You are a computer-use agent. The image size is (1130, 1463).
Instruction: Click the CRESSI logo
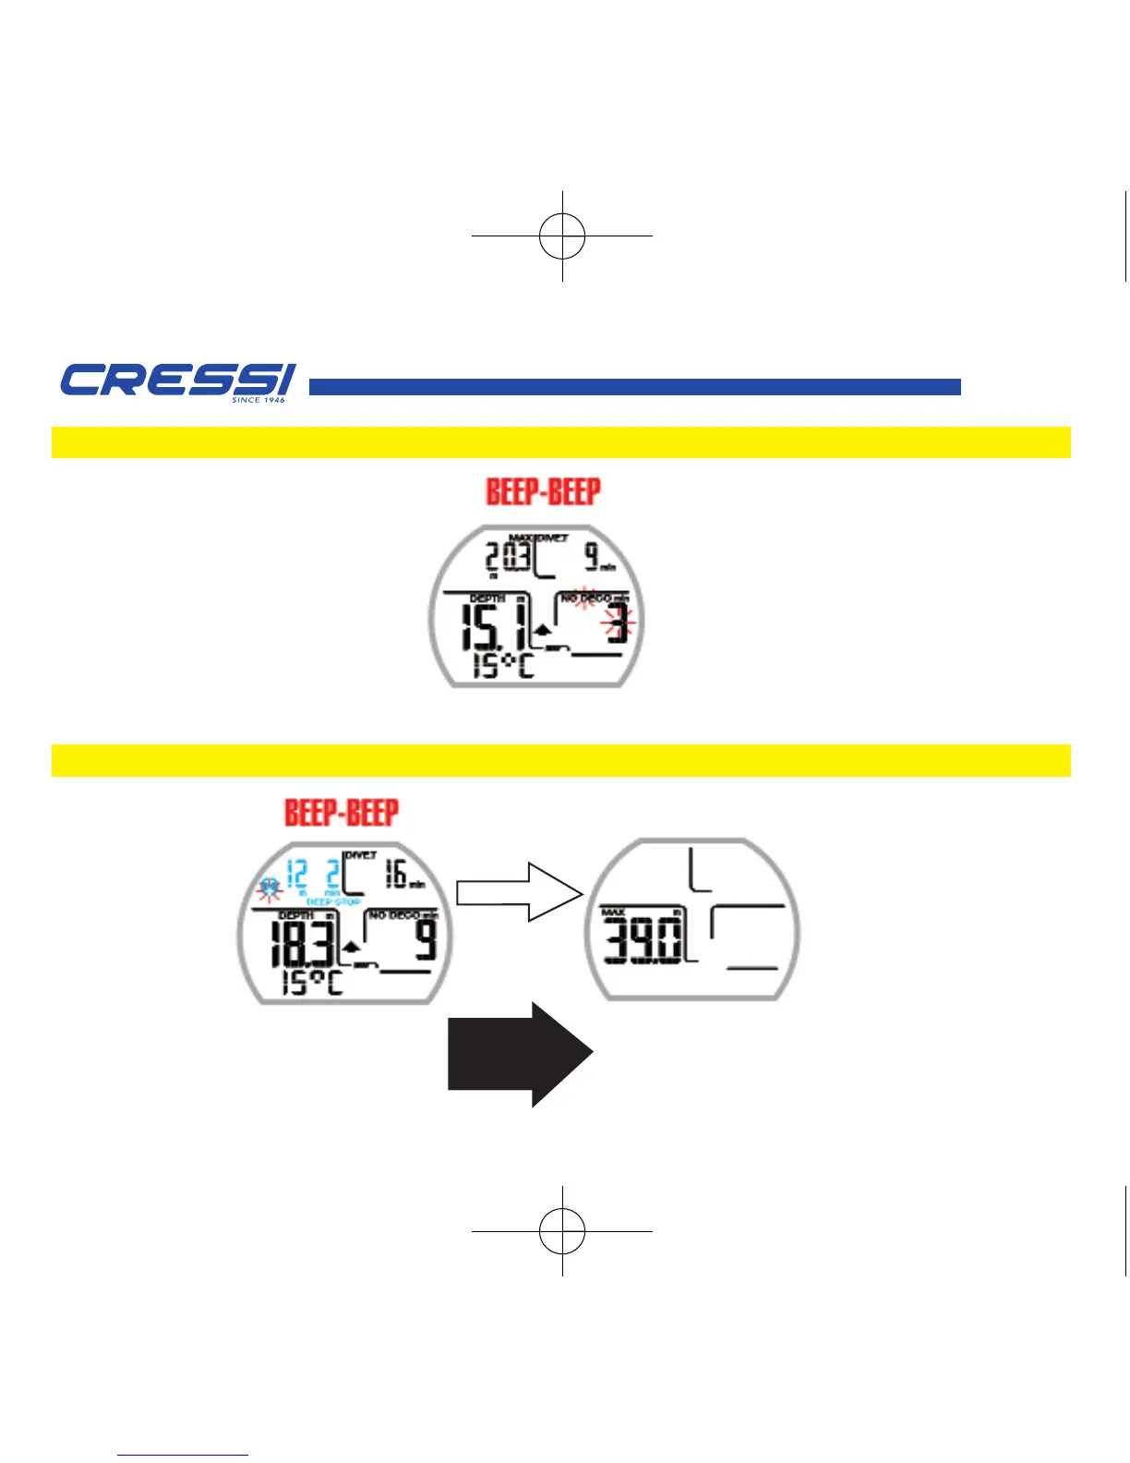point(177,381)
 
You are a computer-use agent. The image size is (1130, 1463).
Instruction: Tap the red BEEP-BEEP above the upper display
point(543,491)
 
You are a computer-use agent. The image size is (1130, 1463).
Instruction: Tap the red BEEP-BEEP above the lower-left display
point(342,813)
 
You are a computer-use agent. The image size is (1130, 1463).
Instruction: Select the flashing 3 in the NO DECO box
point(617,625)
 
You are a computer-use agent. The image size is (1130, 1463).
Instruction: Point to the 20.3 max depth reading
point(509,557)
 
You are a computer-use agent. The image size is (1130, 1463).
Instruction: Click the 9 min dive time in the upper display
point(593,556)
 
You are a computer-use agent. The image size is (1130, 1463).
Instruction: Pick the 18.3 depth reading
point(302,945)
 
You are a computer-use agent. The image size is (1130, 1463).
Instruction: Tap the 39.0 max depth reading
point(644,942)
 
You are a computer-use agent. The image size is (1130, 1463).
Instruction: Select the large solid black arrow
point(519,1054)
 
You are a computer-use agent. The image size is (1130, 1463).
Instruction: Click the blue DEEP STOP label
point(333,901)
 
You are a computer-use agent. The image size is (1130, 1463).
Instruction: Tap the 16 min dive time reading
point(398,873)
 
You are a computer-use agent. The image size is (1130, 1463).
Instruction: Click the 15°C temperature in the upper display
point(503,665)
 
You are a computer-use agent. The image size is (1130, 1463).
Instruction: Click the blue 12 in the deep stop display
point(296,874)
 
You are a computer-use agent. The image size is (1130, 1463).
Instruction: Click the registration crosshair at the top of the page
point(562,236)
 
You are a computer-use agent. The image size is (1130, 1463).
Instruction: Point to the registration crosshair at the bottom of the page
point(562,1231)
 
